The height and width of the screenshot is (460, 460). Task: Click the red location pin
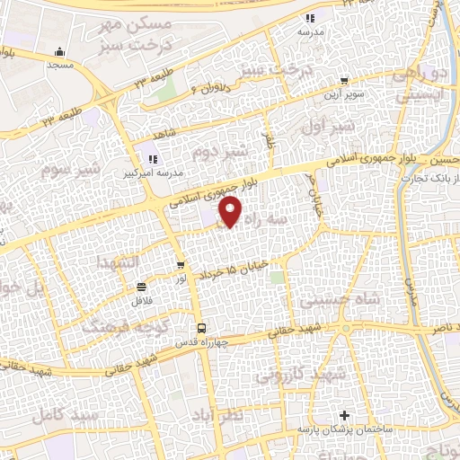(232, 211)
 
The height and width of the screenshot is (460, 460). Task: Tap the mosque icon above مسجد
(58, 51)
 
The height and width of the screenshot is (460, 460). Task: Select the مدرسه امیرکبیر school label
(158, 171)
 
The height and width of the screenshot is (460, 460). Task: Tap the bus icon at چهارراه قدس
(201, 327)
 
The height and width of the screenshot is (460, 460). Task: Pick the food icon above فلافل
(141, 287)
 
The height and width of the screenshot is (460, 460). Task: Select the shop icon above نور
(181, 265)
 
